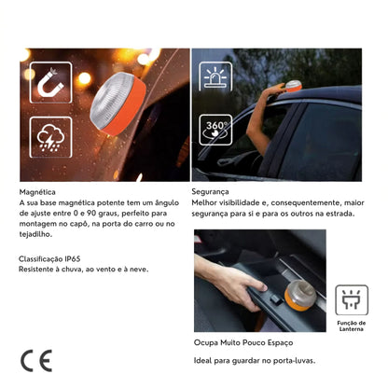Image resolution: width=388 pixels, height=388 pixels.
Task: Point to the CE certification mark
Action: tap(36, 359)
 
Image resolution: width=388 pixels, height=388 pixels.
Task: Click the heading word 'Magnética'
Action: tap(37, 191)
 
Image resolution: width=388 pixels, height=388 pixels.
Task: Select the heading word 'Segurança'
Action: tap(212, 190)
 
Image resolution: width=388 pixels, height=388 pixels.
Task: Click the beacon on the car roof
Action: tap(293, 87)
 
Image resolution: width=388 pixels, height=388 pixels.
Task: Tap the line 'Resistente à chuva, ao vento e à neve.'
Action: tap(83, 268)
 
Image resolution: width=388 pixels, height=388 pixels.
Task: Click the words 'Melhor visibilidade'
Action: tap(225, 201)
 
